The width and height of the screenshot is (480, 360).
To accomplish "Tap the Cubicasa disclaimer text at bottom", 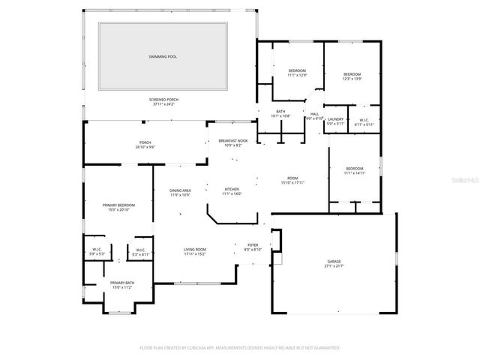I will [240, 348].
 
